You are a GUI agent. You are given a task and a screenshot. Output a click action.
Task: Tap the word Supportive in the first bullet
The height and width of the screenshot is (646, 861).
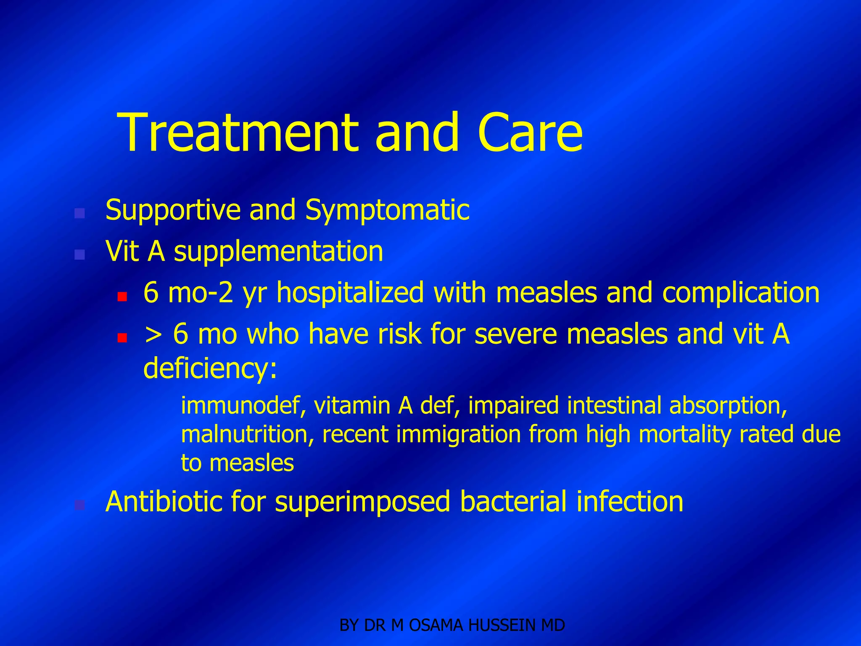click(x=172, y=210)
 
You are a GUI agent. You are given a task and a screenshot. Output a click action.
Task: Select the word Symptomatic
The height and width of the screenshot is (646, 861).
click(x=387, y=210)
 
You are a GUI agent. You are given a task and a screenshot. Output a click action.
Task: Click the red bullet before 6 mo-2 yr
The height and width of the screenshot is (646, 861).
click(x=122, y=297)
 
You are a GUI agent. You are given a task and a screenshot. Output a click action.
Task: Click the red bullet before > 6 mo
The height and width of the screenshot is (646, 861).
click(x=122, y=338)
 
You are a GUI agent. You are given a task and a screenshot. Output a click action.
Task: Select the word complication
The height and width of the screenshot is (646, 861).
click(x=741, y=293)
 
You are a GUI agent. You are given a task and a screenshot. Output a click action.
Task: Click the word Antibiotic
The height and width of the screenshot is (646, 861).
click(x=164, y=502)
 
